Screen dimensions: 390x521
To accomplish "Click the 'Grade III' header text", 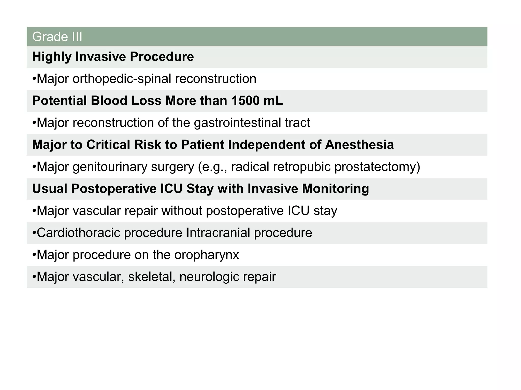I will point(57,37).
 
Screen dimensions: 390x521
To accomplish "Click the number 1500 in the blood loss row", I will point(246,101).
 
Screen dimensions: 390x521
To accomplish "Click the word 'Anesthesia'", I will point(359,145).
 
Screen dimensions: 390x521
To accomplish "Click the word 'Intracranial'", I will point(218,233).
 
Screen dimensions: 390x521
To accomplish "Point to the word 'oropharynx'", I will point(207,255).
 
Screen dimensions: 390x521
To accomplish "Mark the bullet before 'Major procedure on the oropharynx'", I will point(34,255).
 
